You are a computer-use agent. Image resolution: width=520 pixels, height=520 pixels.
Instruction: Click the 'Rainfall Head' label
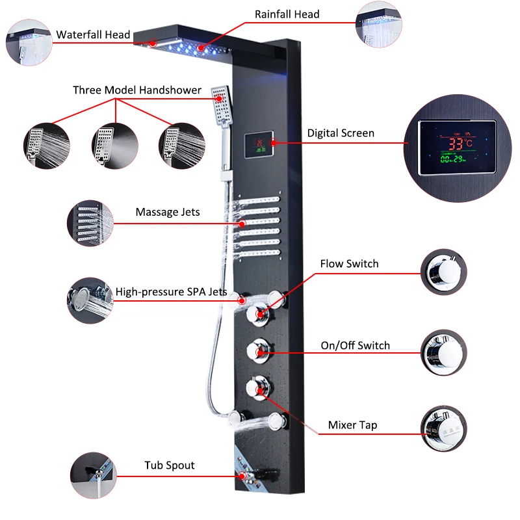coord(287,14)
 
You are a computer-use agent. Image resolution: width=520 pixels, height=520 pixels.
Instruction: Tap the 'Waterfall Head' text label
coord(93,35)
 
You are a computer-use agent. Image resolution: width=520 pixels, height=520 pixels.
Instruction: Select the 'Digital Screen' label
coord(341,133)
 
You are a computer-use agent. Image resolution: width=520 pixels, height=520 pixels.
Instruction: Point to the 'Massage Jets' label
coord(168,212)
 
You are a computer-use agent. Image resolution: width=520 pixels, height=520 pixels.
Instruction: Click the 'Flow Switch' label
coord(349,264)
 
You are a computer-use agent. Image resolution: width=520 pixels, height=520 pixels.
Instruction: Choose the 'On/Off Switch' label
coord(355,345)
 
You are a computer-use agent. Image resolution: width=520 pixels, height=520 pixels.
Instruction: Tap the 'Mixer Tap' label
coord(352,425)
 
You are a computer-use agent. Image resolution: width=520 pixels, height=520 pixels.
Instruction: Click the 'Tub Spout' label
coord(169,465)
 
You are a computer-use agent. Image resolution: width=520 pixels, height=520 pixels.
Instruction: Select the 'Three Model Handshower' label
coord(137,90)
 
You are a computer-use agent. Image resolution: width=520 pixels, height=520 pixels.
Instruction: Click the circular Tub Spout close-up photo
coord(94,476)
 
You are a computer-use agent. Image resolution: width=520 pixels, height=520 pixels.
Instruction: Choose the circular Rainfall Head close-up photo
coord(379,25)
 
